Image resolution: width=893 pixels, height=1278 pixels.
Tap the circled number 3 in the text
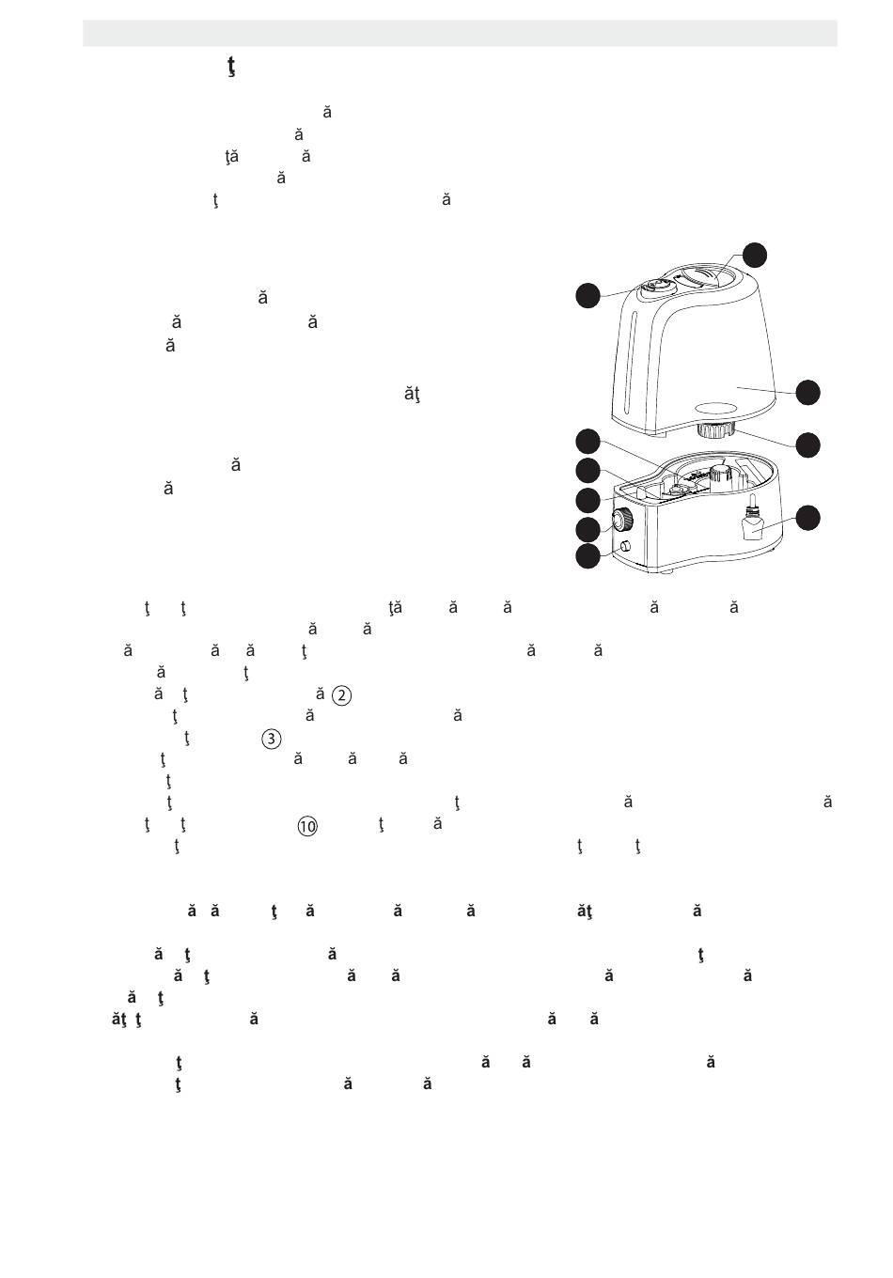point(271,739)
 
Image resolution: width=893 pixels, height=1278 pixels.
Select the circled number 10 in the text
point(308,827)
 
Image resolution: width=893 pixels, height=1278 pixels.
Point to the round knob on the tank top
point(657,287)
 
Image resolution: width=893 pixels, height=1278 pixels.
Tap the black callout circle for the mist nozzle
point(755,255)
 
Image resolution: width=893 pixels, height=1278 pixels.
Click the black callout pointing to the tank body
point(807,392)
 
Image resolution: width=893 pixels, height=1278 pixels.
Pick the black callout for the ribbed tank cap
point(807,444)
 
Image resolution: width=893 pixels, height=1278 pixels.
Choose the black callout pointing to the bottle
point(807,517)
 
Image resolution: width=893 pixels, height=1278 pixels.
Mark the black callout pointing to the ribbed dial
point(587,529)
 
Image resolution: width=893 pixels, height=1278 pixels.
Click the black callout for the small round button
point(587,556)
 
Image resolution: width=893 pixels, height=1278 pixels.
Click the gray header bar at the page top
point(460,33)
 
